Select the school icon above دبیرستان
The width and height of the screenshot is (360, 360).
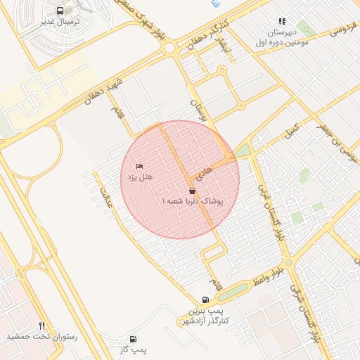coord(282,22)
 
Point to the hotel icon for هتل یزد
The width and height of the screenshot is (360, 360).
coord(139,166)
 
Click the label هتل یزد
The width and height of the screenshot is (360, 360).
coord(139,177)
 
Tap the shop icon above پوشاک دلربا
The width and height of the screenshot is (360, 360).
coord(193,191)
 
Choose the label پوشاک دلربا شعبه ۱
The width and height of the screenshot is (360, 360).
coord(193,202)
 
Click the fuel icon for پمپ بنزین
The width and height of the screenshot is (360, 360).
coord(205,300)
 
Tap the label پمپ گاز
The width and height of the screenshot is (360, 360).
coord(134,349)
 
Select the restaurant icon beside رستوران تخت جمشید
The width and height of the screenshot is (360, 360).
coord(41,326)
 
